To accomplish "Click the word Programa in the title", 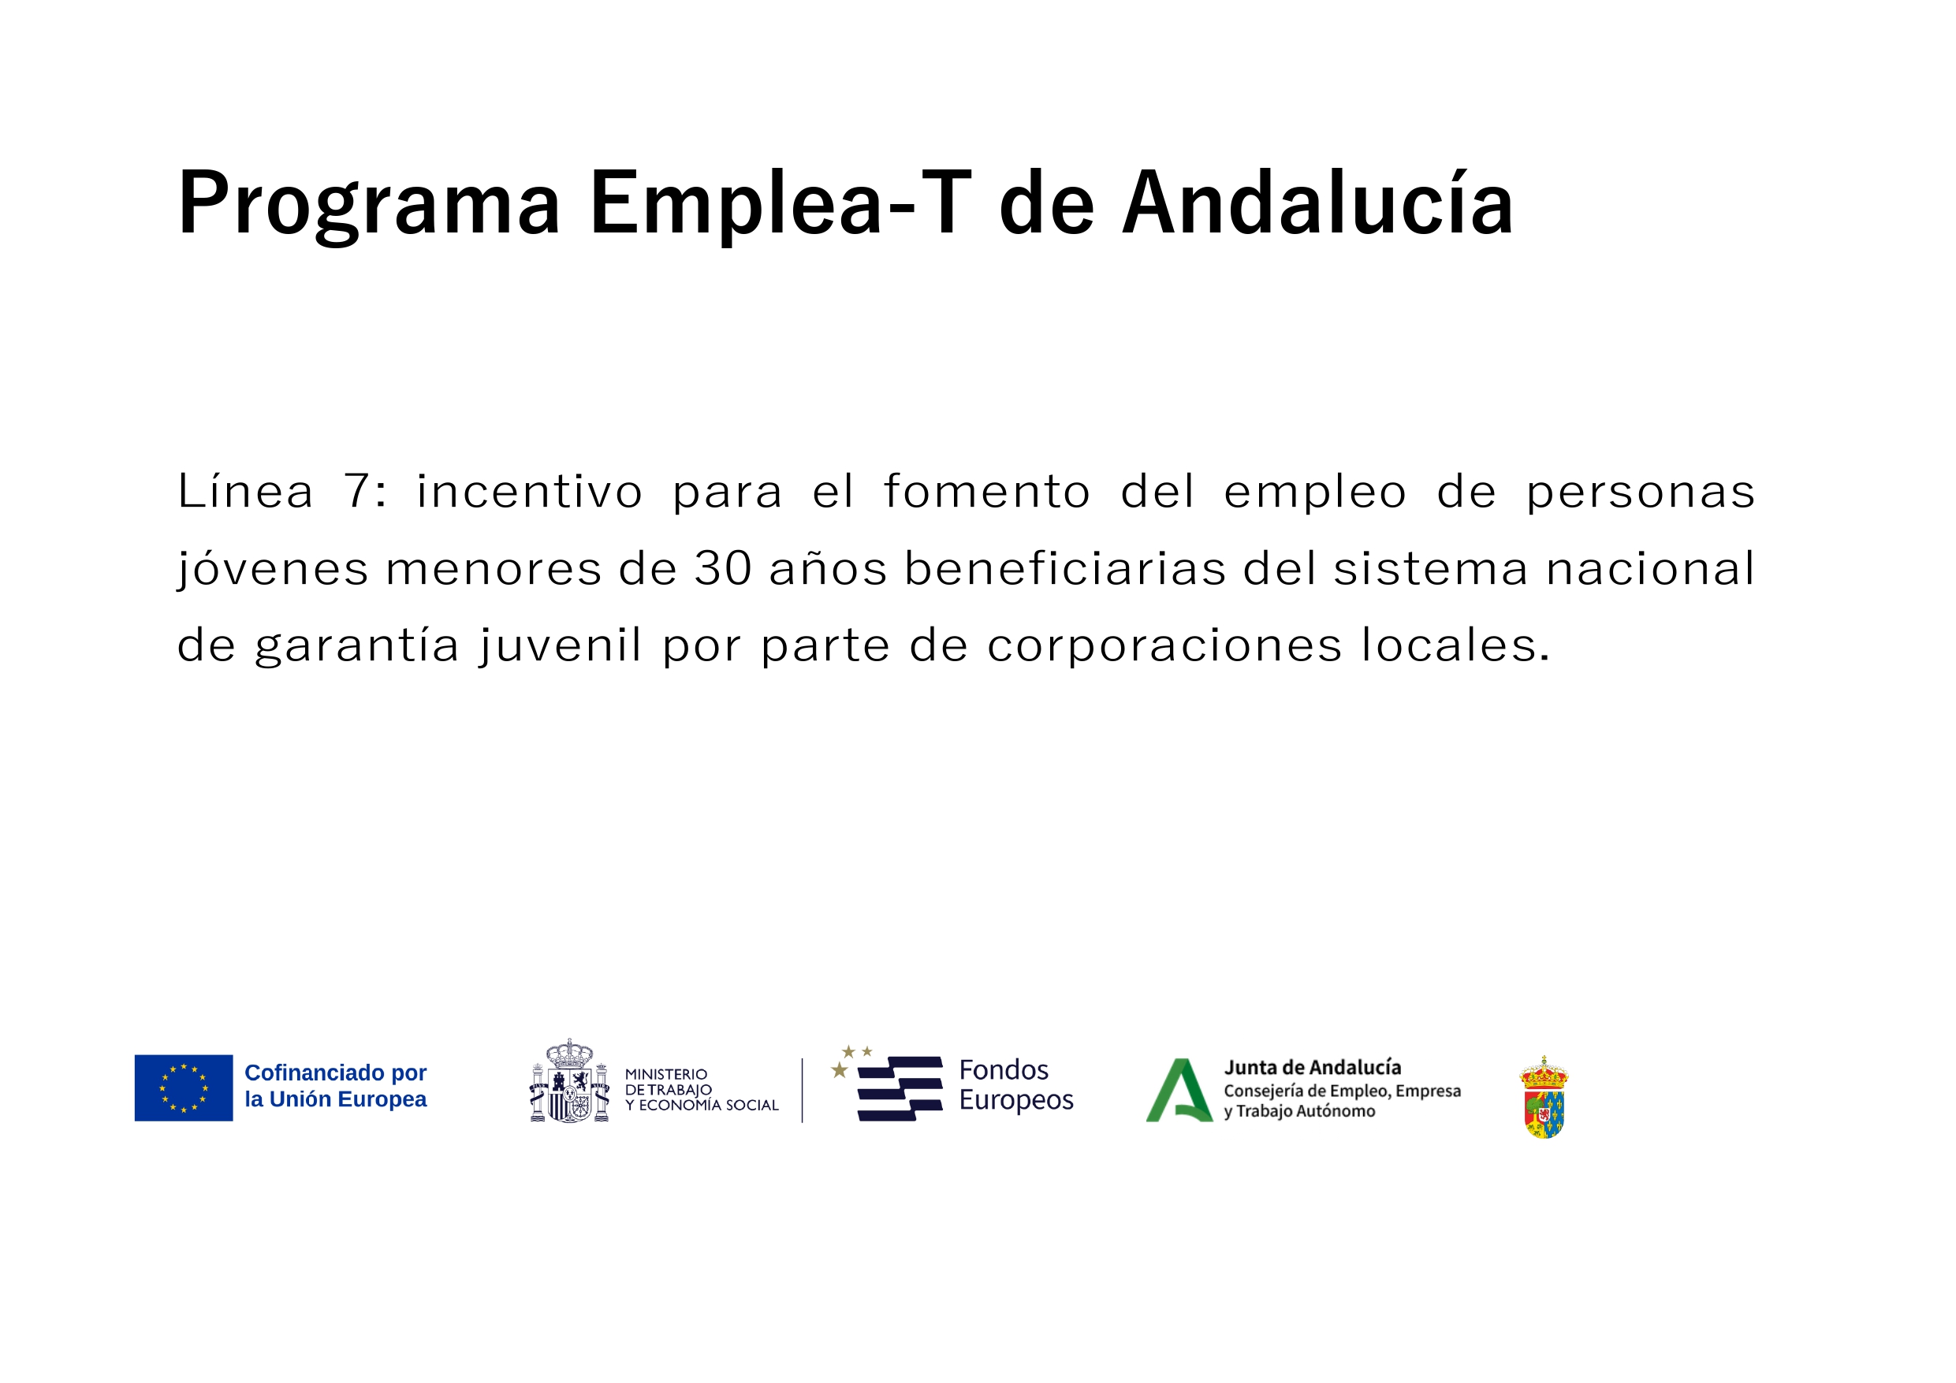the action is [369, 205].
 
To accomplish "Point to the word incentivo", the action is [529, 493].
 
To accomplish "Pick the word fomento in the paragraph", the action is [986, 492].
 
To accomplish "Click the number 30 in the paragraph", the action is [723, 569].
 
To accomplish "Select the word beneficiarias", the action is [1065, 568].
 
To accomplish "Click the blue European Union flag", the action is [184, 1088].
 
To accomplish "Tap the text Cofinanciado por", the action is [336, 1073].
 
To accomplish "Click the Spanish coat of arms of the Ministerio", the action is [569, 1080].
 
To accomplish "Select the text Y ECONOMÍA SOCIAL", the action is [702, 1106].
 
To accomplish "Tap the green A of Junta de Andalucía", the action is [1179, 1091].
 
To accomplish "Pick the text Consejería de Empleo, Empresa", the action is [1343, 1091].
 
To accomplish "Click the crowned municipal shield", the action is [1544, 1098].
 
